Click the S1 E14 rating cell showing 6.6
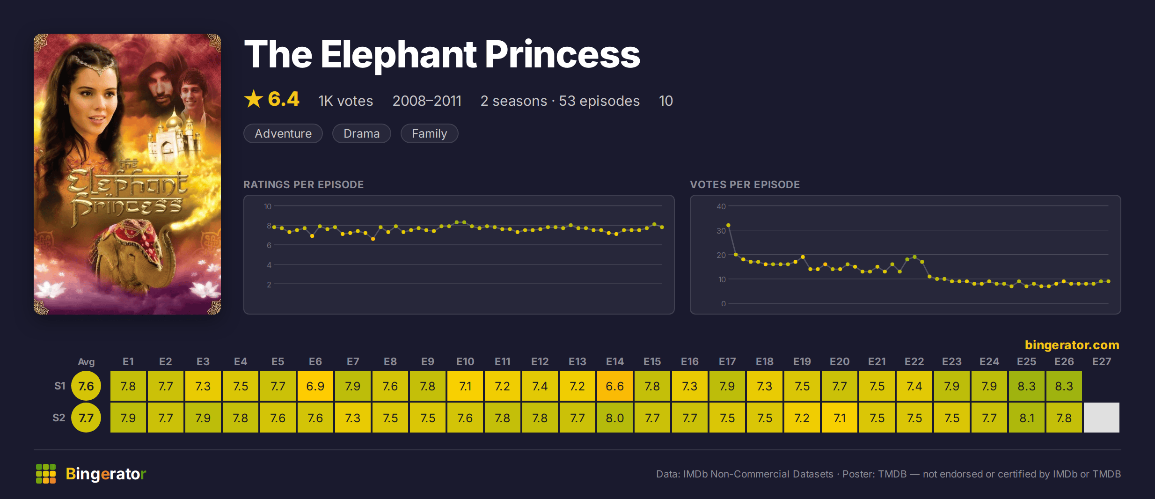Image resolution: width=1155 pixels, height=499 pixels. point(615,386)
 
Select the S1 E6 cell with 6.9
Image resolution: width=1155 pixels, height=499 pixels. point(315,386)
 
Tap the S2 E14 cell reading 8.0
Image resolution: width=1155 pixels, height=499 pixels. point(615,418)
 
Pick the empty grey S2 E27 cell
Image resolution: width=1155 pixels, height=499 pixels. point(1102,418)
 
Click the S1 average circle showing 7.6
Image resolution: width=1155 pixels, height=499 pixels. point(86,386)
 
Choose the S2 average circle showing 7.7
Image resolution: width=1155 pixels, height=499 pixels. point(86,418)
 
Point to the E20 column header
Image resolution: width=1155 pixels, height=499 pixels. point(840,361)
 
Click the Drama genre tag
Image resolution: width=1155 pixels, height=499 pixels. point(362,133)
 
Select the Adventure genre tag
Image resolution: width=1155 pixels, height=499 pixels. point(283,133)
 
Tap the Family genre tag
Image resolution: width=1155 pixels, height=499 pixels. point(430,133)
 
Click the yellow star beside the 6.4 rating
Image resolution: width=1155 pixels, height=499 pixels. point(254,99)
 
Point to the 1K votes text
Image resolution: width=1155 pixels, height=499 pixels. point(346,101)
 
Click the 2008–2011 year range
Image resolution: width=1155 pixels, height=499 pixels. point(427,101)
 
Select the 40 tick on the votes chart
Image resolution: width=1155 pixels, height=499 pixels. point(721,206)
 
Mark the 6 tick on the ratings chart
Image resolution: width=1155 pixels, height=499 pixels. point(269,245)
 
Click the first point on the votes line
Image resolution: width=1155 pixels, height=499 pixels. point(728,225)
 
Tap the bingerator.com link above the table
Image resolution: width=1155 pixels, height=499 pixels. point(1072,345)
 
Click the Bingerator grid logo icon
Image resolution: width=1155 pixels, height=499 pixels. point(46,474)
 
